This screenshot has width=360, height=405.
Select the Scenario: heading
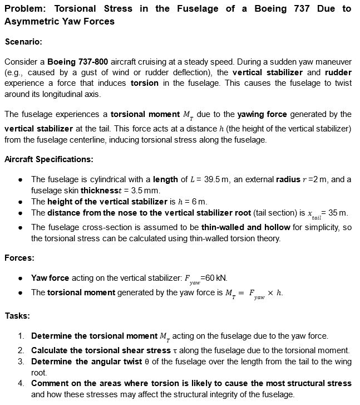pyautogui.click(x=23, y=42)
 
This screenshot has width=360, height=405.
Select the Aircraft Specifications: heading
pyautogui.click(x=48, y=159)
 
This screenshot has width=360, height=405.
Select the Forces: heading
pyautogui.click(x=19, y=258)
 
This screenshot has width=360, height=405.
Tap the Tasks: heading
pyautogui.click(x=17, y=316)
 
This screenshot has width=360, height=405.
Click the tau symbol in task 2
pyautogui.click(x=172, y=350)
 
